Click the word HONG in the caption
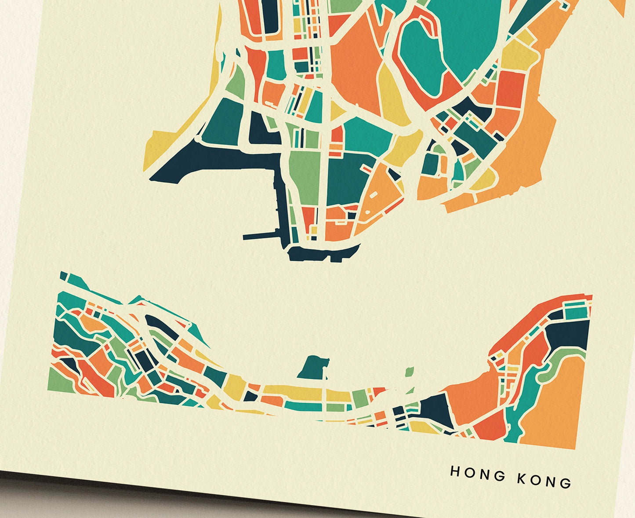tap(478, 474)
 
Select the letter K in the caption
tap(522, 478)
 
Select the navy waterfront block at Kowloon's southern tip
tap(323, 253)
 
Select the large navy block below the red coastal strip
tap(569, 336)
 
